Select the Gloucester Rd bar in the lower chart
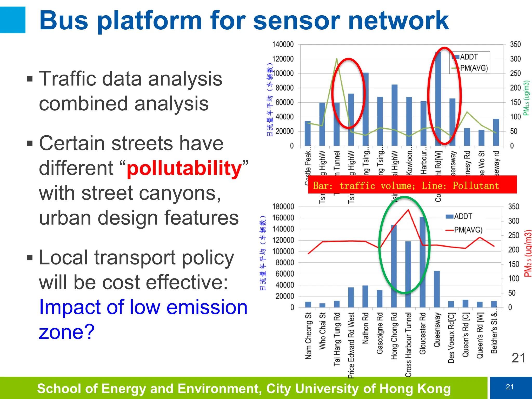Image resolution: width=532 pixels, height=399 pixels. [422, 262]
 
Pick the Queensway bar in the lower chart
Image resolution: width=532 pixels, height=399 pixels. [437, 289]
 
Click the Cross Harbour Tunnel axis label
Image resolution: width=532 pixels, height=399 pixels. [409, 344]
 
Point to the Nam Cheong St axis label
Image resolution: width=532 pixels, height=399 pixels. [308, 336]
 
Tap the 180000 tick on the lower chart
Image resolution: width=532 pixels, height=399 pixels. [283, 207]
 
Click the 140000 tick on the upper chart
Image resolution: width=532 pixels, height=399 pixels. [283, 44]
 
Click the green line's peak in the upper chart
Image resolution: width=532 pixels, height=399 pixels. [337, 59]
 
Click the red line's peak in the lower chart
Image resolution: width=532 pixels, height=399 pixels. [408, 210]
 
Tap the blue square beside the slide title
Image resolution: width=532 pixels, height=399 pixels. [12, 20]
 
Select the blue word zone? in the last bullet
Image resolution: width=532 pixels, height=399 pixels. [67, 332]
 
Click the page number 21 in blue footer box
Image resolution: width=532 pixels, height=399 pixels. [510, 387]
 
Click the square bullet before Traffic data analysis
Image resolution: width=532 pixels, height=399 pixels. [30, 79]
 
